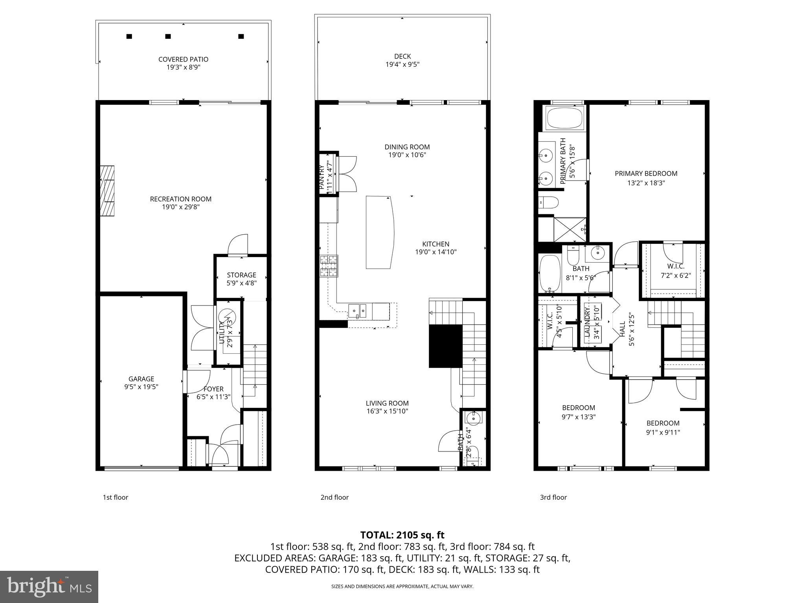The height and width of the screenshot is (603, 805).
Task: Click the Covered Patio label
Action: (183, 59)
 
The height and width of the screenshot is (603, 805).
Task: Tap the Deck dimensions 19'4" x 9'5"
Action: (402, 64)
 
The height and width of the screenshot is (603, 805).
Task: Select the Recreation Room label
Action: (180, 199)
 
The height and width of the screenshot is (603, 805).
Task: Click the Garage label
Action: (141, 379)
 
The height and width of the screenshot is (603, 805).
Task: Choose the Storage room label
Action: (241, 275)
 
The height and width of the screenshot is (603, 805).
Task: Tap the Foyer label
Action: (213, 389)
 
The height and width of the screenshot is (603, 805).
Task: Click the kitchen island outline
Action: (379, 232)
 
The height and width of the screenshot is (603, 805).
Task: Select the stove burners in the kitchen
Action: (329, 266)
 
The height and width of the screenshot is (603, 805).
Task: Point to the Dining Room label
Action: (407, 147)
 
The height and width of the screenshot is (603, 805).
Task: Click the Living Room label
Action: (387, 403)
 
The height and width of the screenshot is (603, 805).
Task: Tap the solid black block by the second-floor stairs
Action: (445, 346)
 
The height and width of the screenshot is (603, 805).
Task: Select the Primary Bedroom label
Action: (646, 174)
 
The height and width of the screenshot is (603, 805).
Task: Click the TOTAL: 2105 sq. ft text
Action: (402, 535)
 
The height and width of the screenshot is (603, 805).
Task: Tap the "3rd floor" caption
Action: (553, 497)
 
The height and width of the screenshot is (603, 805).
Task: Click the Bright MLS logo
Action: (49, 587)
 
